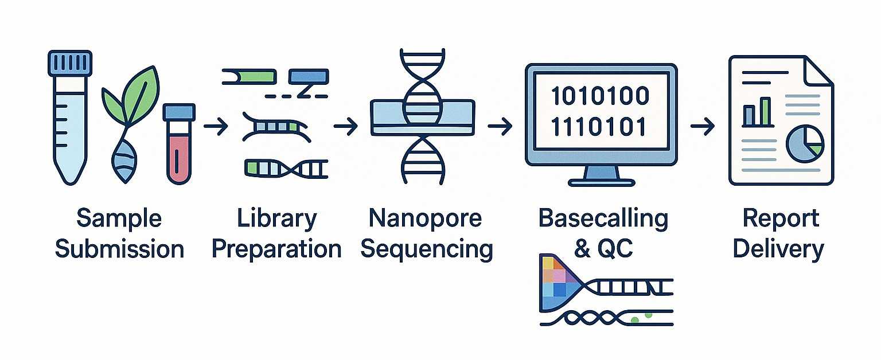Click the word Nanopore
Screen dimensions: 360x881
[425, 218]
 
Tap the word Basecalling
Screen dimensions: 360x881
[603, 218]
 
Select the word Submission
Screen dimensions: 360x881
[119, 249]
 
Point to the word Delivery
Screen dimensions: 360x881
[778, 249]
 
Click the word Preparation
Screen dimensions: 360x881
[276, 249]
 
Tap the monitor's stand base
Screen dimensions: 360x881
[601, 182]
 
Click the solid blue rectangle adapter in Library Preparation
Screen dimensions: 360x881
[309, 76]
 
